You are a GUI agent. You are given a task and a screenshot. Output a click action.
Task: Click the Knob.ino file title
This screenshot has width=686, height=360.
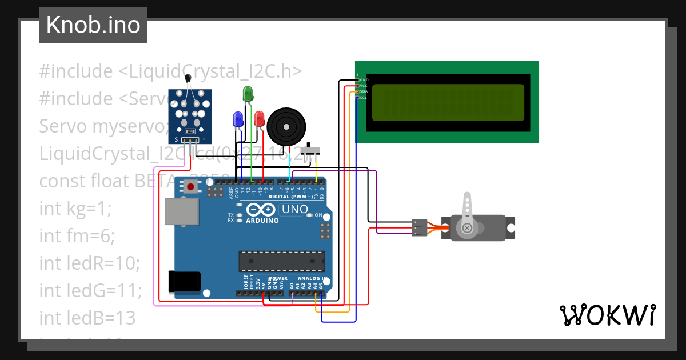click(93, 25)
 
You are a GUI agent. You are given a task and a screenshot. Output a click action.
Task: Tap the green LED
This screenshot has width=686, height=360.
click(248, 94)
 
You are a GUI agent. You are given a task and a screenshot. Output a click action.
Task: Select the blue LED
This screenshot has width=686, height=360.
click(238, 119)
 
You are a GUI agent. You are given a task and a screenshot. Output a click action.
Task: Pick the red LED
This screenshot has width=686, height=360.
click(260, 119)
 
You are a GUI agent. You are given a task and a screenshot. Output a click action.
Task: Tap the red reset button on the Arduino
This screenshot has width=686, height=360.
click(190, 186)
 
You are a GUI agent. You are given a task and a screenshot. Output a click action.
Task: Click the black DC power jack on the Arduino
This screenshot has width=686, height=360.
click(184, 281)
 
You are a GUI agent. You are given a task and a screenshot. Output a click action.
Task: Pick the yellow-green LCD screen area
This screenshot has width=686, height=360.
click(448, 103)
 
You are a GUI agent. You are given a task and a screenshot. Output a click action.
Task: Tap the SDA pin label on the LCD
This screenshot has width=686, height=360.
click(363, 91)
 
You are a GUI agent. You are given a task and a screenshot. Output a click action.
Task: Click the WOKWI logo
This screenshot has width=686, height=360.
click(607, 315)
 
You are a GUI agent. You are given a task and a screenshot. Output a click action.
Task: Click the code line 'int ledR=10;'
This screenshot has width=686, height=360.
click(89, 263)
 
